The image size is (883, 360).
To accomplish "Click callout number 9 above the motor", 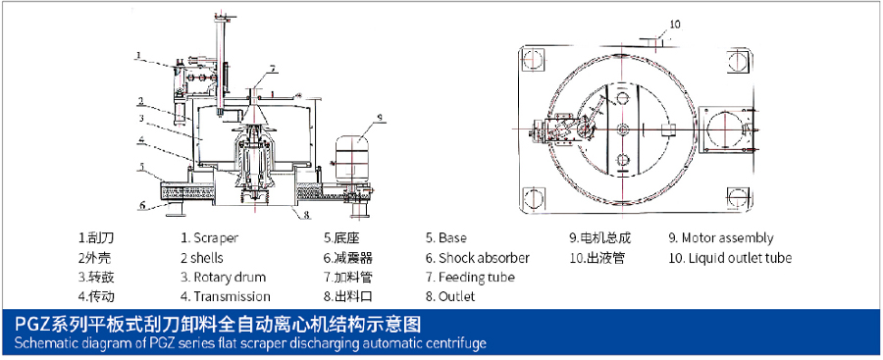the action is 380,118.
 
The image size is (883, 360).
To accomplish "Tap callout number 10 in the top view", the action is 675,24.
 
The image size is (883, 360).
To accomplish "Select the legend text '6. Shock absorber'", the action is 478,258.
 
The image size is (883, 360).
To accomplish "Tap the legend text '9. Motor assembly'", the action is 721,237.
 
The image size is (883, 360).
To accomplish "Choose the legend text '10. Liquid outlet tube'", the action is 730,258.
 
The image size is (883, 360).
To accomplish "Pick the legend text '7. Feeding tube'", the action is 470,278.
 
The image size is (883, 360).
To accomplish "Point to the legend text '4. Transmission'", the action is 226,296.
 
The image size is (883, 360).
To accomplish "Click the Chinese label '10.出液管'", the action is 597,258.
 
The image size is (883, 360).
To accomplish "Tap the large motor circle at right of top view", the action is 724,129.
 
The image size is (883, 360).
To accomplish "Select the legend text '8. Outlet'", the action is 450,296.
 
